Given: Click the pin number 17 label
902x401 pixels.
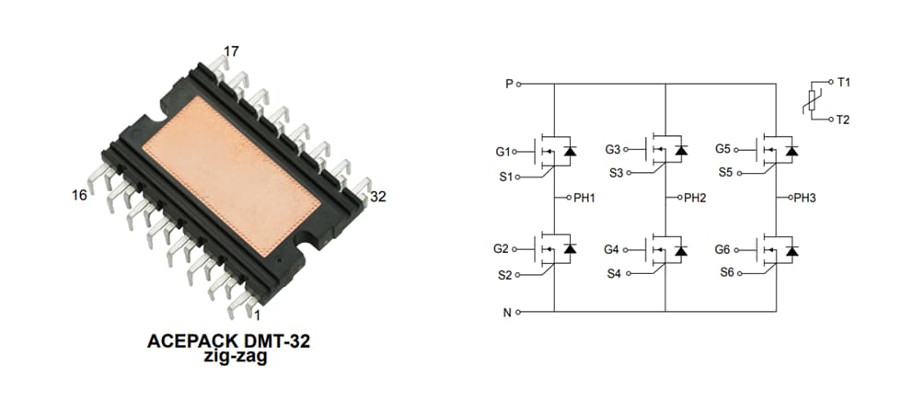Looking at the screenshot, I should [x=231, y=52].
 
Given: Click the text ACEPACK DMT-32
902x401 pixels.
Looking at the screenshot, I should [x=228, y=341].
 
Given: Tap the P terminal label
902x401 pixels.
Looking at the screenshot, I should [x=508, y=84].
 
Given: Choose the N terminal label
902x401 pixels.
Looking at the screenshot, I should [x=507, y=312].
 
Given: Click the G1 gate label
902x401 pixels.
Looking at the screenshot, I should [x=503, y=151].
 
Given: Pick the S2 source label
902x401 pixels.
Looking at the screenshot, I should [x=504, y=274].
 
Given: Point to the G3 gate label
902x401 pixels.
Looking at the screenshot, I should [x=613, y=149].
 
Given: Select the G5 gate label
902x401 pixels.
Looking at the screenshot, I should [x=723, y=149].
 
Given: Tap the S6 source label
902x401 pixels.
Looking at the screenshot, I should [x=725, y=273].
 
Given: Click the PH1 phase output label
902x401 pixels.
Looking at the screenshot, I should [x=585, y=198].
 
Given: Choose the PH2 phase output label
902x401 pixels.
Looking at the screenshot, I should [x=694, y=198].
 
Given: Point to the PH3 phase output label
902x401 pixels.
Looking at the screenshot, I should [x=804, y=198].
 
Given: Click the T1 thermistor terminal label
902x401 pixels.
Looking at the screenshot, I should [x=843, y=83].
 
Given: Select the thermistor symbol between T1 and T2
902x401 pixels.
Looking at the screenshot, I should [x=812, y=101].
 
